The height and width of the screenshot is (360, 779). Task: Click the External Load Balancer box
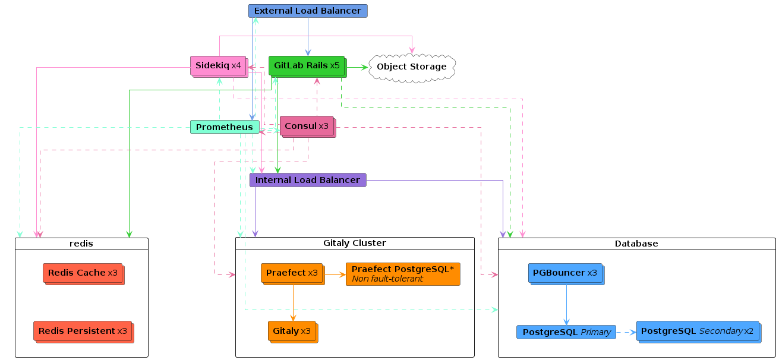click(308, 11)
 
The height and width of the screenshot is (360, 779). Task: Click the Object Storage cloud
click(412, 68)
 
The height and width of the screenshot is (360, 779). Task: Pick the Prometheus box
click(225, 127)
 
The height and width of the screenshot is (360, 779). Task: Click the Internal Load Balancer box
click(308, 180)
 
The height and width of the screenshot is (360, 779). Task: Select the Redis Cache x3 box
click(83, 274)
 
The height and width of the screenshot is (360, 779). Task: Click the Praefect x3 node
click(293, 274)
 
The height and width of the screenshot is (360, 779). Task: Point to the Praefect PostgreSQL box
click(403, 274)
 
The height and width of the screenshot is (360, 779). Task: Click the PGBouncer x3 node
click(566, 274)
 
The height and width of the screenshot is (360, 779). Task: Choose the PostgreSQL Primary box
click(566, 332)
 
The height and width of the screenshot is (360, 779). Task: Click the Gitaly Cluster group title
click(355, 243)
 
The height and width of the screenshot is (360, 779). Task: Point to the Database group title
click(636, 244)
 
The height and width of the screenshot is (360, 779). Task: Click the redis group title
click(81, 244)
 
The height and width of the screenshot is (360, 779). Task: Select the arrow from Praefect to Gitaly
click(293, 303)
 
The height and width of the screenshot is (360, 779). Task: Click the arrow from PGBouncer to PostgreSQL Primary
click(566, 305)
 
